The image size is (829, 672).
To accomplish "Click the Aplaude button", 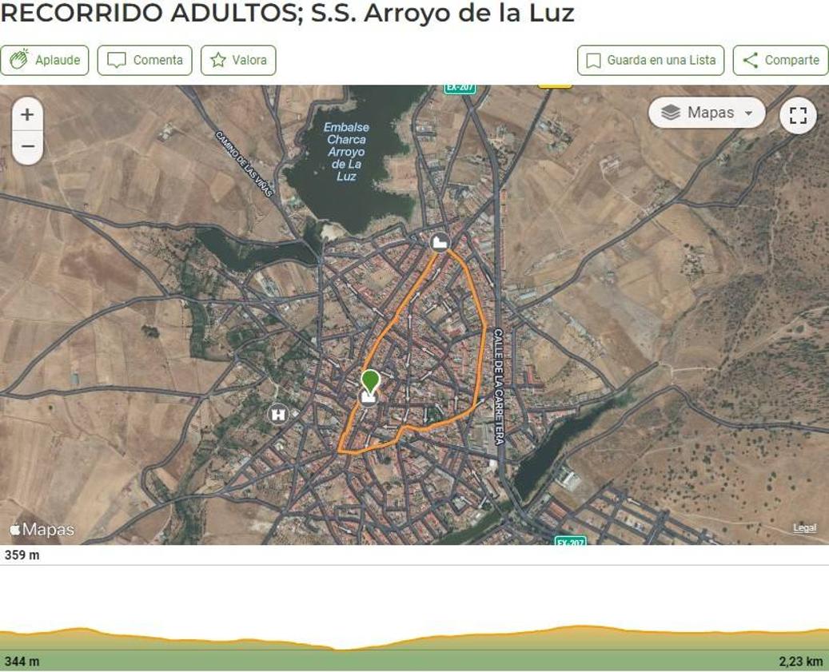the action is click(45, 60).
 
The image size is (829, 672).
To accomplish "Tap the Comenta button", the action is click(145, 60).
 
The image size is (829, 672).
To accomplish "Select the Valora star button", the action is click(238, 60).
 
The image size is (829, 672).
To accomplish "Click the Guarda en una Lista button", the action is click(651, 60).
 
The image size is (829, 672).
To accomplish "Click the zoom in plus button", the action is click(27, 114).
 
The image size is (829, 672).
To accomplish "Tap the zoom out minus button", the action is click(27, 147).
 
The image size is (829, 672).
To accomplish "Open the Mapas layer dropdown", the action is click(707, 113).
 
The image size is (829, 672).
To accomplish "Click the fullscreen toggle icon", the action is click(798, 115).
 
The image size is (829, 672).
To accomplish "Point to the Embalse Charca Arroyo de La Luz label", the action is click(346, 151).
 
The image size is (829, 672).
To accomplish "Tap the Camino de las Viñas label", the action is click(245, 164).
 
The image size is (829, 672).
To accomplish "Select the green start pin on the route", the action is click(369, 380).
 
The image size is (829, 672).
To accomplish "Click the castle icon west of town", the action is click(278, 414).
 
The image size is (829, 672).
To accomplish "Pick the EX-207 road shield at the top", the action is click(460, 87).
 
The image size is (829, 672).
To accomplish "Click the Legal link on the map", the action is click(804, 528).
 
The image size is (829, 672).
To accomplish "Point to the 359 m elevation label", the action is click(22, 555).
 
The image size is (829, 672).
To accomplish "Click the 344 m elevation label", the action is click(22, 662).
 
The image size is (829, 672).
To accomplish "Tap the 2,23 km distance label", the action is click(801, 662).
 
